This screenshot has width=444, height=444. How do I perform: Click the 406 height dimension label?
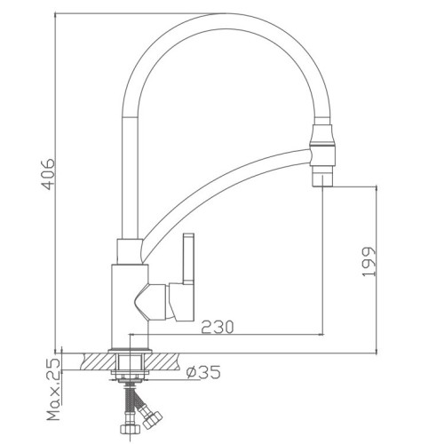pyautogui.click(x=48, y=174)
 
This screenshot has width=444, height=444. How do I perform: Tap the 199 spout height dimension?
pyautogui.click(x=369, y=262)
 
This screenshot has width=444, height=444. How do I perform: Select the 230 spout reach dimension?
pyautogui.click(x=218, y=327)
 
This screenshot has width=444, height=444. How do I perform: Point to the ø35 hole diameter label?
pyautogui.click(x=203, y=372)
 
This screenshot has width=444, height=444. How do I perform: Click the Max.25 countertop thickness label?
pyautogui.click(x=54, y=390)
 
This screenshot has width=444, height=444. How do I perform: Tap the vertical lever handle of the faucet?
pyautogui.click(x=188, y=258)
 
